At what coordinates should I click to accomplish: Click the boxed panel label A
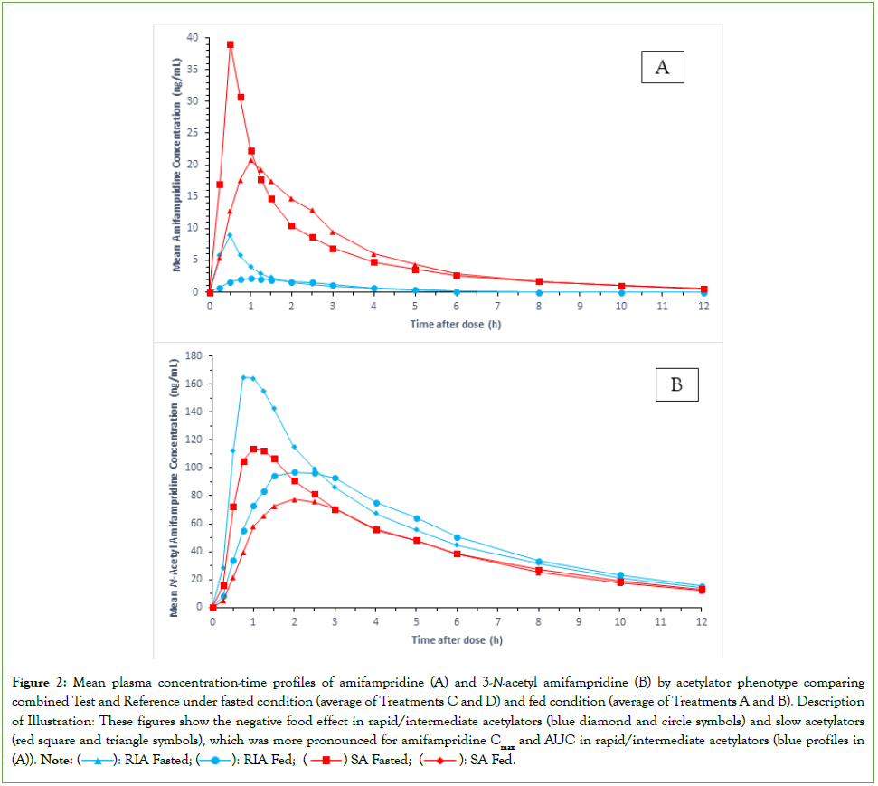(662, 68)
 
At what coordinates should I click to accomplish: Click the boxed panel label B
(675, 384)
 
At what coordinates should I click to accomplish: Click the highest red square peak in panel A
(231, 44)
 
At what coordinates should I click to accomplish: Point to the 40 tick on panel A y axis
(192, 37)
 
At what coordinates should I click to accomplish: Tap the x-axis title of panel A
(457, 324)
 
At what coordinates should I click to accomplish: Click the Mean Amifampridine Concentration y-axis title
(179, 165)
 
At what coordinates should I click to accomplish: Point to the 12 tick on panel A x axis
(703, 306)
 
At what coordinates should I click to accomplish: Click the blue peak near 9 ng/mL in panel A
(230, 235)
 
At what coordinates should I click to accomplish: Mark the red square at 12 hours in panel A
(703, 289)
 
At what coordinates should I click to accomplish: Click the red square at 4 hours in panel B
(376, 529)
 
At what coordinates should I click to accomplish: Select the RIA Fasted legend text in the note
(153, 760)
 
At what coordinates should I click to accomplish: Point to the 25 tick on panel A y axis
(192, 133)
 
